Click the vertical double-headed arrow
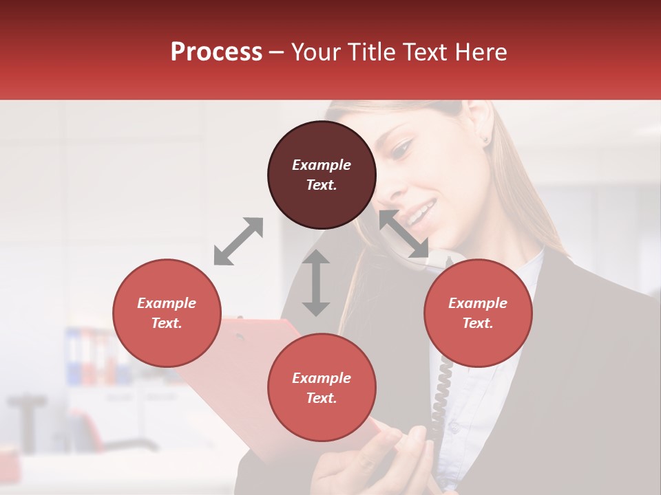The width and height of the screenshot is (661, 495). tap(316, 283)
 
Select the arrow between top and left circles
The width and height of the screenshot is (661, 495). tap(238, 241)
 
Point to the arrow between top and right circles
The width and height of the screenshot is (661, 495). tap(404, 234)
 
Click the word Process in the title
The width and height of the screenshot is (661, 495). tap(216, 52)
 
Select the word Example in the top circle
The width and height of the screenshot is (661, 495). tap(322, 165)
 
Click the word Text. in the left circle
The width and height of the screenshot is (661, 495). tap(167, 323)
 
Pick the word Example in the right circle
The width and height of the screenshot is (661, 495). tap(478, 303)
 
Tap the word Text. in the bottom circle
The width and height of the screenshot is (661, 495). tap(322, 398)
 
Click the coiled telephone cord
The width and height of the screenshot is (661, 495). tap(441, 399)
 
